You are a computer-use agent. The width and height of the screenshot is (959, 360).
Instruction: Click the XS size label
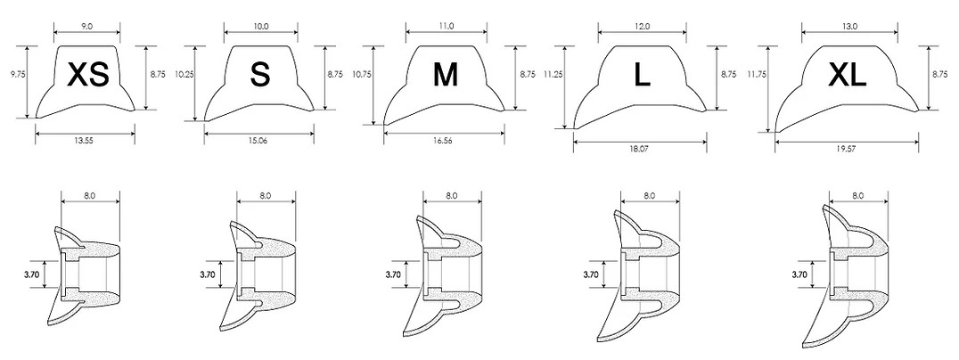click(88, 75)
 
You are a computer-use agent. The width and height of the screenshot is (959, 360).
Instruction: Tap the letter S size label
click(260, 75)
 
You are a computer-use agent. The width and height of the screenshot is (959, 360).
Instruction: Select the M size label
click(446, 75)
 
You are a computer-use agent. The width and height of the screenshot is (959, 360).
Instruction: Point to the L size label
click(642, 75)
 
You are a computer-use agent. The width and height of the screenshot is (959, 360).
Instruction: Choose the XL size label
click(847, 75)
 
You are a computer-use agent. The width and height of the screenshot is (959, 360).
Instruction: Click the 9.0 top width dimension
click(86, 26)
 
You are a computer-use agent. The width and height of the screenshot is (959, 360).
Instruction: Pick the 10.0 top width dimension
click(260, 26)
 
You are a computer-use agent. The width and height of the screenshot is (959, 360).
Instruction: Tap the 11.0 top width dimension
click(447, 26)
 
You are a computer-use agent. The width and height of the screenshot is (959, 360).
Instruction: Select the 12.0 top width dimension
click(643, 26)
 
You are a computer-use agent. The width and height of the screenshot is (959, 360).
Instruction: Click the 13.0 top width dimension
click(850, 26)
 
